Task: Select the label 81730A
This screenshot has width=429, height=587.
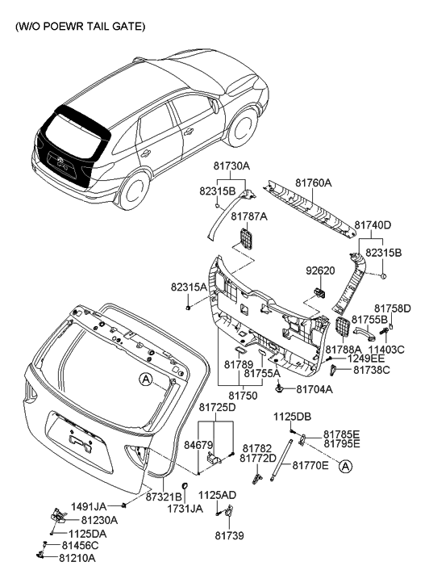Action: (x=231, y=166)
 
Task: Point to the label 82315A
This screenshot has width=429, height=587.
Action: (x=188, y=287)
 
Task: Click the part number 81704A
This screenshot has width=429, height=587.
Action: (x=314, y=389)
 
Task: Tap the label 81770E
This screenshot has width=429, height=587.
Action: (x=310, y=465)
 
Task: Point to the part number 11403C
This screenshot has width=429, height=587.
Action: (x=389, y=350)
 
